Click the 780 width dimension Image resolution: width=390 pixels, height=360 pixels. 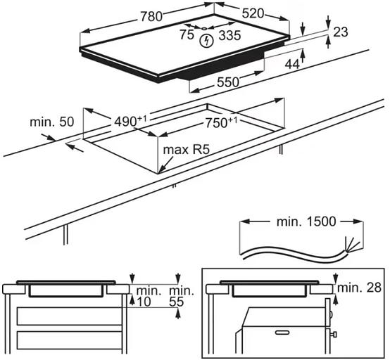tap(151, 17)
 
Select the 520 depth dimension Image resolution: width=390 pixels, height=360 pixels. tap(253, 13)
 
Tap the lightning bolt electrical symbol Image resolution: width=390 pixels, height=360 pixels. tap(207, 41)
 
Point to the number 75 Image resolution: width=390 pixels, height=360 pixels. tap(187, 34)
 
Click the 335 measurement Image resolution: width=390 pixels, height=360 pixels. tap(229, 35)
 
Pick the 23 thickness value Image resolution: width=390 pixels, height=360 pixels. tap(341, 32)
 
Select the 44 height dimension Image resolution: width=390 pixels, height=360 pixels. tap(292, 65)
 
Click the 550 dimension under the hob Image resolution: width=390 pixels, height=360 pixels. tap(228, 82)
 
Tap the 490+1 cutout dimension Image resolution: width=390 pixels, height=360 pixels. tap(130, 121)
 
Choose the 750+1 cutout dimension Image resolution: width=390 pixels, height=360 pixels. tap(221, 122)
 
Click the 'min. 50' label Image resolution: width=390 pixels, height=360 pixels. tap(51, 122)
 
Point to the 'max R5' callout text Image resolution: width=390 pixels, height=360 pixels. tap(187, 150)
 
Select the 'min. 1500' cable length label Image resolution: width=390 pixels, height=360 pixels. tap(306, 221)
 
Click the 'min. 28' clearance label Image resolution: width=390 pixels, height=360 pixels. tap(359, 288)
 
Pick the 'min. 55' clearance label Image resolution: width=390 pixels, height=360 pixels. tap(182, 296)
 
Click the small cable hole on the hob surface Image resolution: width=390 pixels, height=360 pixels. tap(204, 28)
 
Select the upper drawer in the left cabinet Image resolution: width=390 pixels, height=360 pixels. tap(70, 316)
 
